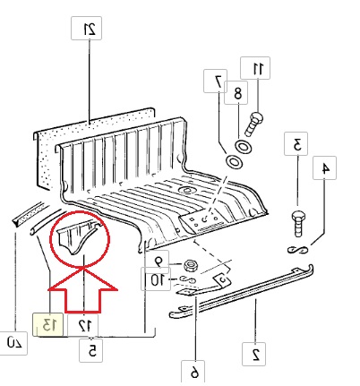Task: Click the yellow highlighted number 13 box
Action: pyautogui.click(x=47, y=324)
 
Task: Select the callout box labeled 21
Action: pyautogui.click(x=86, y=29)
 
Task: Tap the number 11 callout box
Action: pyautogui.click(x=255, y=68)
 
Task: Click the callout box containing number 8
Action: pyautogui.click(x=236, y=92)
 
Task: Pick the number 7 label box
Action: pyautogui.click(x=215, y=81)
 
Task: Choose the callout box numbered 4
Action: pyautogui.click(x=324, y=167)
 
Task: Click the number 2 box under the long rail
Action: pyautogui.click(x=253, y=354)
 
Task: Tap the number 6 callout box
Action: pyautogui.click(x=193, y=371)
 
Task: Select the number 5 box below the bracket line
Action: pyautogui.click(x=91, y=350)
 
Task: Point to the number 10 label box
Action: pyautogui.click(x=156, y=279)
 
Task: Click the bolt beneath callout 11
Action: pyautogui.click(x=253, y=124)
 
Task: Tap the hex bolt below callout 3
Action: pyautogui.click(x=298, y=224)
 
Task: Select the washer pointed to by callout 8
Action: pyautogui.click(x=244, y=147)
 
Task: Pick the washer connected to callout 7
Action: pyautogui.click(x=234, y=161)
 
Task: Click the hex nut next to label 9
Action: pyautogui.click(x=190, y=265)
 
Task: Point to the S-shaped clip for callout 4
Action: pyautogui.click(x=297, y=250)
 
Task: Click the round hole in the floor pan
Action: pyautogui.click(x=187, y=190)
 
